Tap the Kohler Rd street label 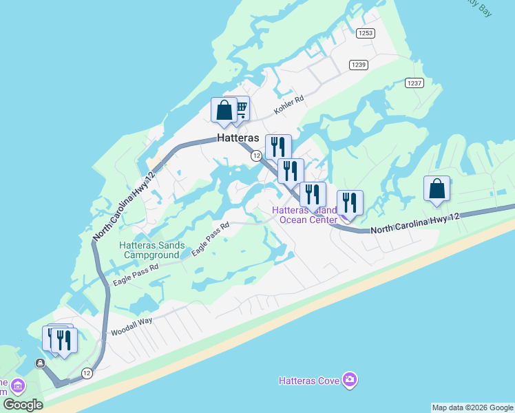[288, 105]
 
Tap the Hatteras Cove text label [308, 381]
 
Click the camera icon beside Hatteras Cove [350, 380]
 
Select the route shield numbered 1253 [365, 32]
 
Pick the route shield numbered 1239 [358, 65]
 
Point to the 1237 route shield [414, 83]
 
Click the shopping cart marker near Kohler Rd [240, 109]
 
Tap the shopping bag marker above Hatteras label [224, 111]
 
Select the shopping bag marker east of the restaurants [437, 189]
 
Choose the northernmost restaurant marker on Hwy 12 [278, 147]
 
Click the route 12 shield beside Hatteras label [256, 156]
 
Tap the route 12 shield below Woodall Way [86, 373]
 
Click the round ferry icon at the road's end [41, 363]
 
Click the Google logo [23, 405]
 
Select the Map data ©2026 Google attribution [473, 407]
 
